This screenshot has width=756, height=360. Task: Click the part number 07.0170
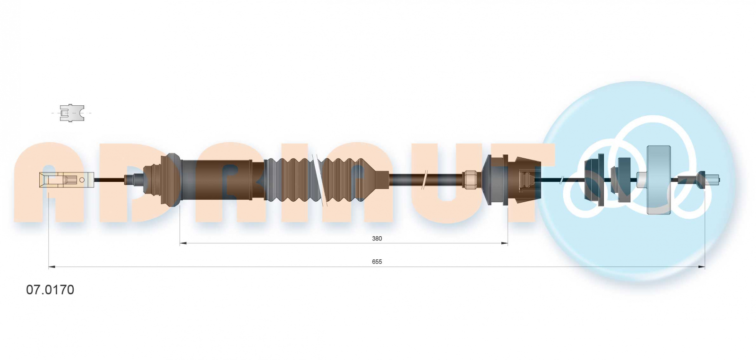50,290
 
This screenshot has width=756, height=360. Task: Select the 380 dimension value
377,239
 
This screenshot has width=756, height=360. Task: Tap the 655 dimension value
377,262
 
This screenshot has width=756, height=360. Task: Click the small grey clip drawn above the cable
71,113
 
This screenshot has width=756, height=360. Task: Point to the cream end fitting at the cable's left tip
67,180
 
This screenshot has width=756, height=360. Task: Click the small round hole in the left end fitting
82,180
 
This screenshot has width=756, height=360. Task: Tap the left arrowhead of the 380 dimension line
183,243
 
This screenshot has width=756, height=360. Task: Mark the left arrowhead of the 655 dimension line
52,267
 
